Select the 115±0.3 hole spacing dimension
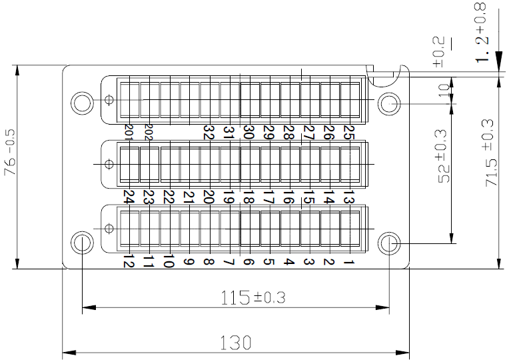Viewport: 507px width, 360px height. (253, 298)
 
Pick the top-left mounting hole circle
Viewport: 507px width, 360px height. (82, 103)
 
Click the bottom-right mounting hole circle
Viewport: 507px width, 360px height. (389, 243)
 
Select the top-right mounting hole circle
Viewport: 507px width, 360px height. (389, 103)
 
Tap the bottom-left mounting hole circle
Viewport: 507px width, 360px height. (82, 243)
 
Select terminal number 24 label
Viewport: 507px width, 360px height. (129, 198)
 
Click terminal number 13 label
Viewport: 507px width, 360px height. (347, 198)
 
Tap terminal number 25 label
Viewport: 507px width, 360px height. (347, 133)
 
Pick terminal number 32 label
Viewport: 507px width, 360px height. (208, 133)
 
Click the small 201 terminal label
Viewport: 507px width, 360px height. (129, 131)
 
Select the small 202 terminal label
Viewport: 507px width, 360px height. (149, 131)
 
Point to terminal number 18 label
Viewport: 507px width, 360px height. (248, 198)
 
